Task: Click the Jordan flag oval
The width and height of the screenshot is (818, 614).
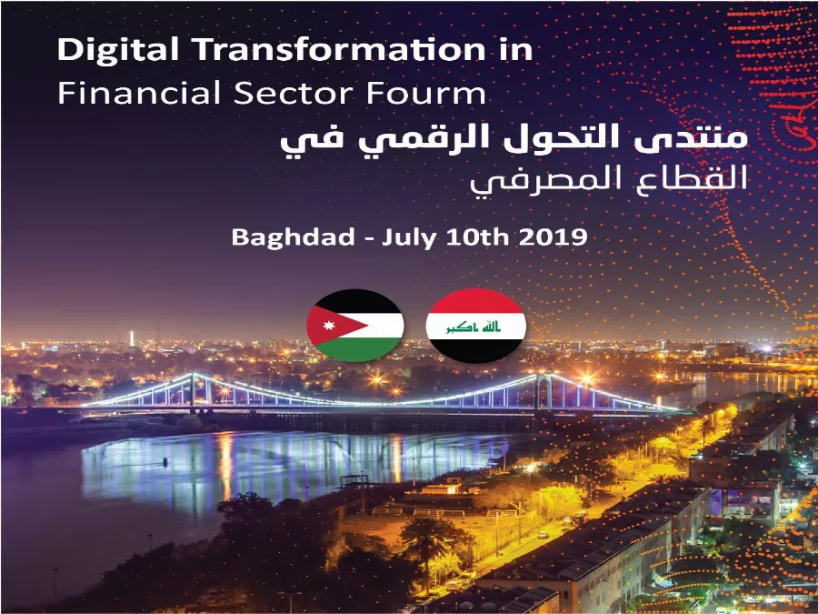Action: [x=354, y=325]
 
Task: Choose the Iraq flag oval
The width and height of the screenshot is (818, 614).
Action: [x=476, y=325]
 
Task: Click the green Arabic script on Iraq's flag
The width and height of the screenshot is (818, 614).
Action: [x=476, y=325]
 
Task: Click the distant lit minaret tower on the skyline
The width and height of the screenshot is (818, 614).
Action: [x=131, y=338]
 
